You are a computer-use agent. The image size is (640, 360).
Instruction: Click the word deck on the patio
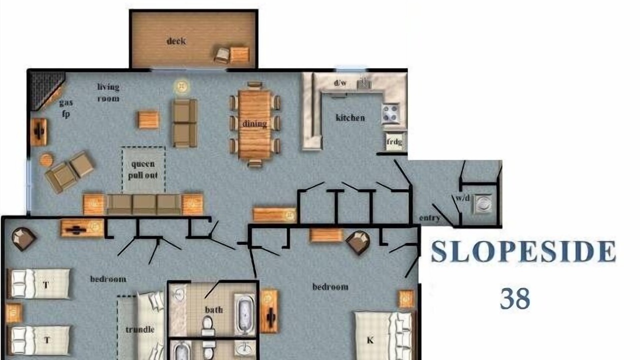pos(176,41)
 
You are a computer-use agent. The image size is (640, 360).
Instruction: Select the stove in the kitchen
pos(390,113)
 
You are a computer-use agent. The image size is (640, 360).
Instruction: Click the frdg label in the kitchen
pos(394,141)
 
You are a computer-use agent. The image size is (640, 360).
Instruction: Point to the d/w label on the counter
pos(340,83)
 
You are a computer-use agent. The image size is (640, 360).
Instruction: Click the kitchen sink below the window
pos(363,83)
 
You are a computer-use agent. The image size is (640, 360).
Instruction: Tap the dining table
pos(254,124)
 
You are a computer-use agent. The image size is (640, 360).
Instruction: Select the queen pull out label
pos(143,169)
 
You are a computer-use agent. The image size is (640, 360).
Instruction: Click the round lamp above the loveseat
pos(181,86)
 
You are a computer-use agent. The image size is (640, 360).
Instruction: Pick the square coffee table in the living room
pos(148,119)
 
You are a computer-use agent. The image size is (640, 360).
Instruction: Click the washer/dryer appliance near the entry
pos(483,203)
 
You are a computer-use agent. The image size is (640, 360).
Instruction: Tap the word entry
pos(429,218)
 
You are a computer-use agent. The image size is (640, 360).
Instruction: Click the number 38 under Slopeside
pos(515,298)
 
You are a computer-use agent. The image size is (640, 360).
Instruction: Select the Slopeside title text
pos(523,251)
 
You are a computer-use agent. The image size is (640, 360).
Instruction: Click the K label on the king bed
pos(370,340)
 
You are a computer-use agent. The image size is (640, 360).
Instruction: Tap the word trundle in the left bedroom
pos(140,329)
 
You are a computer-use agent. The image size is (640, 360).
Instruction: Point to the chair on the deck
pos(222,55)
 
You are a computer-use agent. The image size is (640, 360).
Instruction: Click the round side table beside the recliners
pos(46,159)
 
